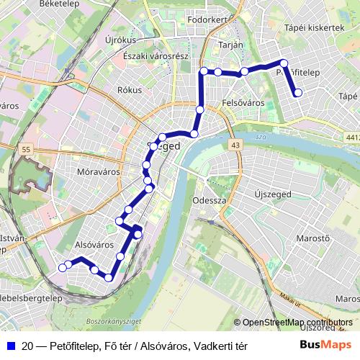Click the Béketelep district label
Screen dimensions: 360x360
[x=39, y=4]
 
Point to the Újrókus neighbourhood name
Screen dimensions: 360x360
[x=120, y=40]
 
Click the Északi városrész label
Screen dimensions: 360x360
[x=156, y=56]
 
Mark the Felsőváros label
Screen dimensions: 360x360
[x=243, y=103]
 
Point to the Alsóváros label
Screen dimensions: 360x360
[x=94, y=245]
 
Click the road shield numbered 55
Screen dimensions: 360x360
[x=26, y=149]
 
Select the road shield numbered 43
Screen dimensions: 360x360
[x=236, y=145]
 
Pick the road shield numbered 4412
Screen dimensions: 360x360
[x=353, y=137]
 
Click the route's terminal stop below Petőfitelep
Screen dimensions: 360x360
[x=297, y=92]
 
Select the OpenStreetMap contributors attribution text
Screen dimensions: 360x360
[x=297, y=323]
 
